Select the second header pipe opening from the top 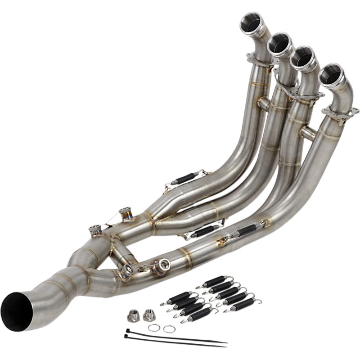[x=280, y=43]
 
